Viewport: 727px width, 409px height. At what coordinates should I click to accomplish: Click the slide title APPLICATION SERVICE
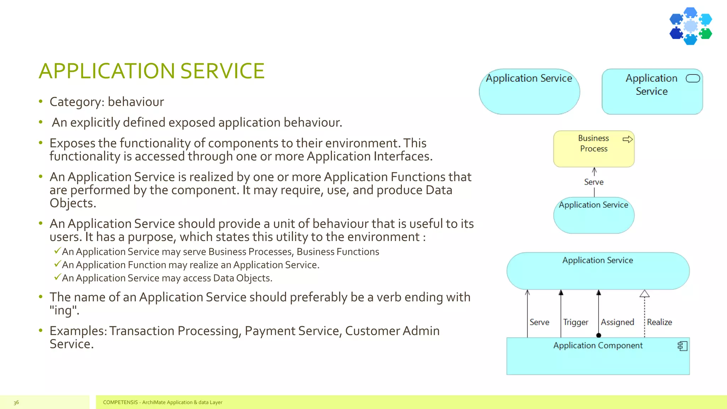click(x=152, y=71)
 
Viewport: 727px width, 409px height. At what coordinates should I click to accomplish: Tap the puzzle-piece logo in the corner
click(x=690, y=26)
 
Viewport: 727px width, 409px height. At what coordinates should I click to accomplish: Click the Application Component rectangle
click(x=598, y=359)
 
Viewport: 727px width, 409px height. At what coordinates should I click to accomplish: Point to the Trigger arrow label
click(x=575, y=322)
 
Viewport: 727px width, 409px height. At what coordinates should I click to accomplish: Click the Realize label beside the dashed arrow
click(x=659, y=322)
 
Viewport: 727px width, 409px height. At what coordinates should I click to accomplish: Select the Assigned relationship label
click(x=617, y=322)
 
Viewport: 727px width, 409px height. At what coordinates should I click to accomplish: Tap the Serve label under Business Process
click(x=594, y=182)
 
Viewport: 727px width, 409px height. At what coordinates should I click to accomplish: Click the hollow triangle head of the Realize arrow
click(x=644, y=294)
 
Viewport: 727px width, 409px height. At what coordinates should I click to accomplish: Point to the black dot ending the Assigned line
click(x=598, y=335)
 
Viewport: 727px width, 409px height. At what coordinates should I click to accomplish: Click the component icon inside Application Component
click(x=682, y=346)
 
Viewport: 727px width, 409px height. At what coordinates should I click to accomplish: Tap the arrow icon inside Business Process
click(x=627, y=139)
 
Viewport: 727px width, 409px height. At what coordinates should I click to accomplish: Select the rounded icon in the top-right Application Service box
click(x=693, y=78)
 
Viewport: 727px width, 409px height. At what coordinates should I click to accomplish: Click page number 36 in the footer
click(x=16, y=402)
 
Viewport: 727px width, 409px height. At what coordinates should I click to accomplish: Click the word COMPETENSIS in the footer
click(x=120, y=402)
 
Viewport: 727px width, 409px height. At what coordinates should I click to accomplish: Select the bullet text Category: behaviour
click(x=106, y=102)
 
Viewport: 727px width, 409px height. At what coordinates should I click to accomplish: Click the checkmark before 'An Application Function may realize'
click(x=57, y=264)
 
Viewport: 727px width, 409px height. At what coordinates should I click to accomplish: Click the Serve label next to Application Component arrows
click(x=539, y=322)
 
